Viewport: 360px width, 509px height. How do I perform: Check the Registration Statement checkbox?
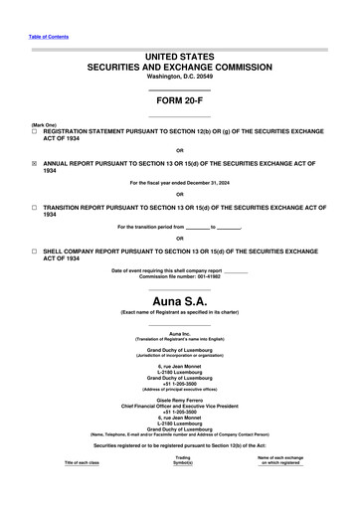35,131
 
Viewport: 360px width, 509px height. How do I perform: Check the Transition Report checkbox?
35,207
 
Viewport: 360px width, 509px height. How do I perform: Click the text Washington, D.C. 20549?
179,77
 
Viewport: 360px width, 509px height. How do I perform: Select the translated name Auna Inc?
179,332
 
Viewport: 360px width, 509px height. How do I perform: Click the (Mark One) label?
44,124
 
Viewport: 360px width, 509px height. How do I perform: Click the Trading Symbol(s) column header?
182,488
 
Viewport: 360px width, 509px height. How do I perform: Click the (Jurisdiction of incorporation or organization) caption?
179,355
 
